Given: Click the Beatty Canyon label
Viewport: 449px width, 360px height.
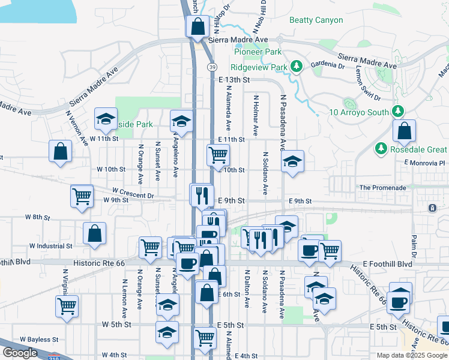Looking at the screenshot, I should tap(316, 20).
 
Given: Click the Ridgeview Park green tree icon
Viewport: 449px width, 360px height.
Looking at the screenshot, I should tap(295, 67).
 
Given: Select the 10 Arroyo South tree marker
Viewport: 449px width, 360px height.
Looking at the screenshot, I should tap(397, 111).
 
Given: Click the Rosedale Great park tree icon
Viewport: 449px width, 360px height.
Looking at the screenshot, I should tap(379, 149).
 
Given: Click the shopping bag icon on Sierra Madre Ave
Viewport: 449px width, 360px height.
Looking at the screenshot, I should tap(197, 27).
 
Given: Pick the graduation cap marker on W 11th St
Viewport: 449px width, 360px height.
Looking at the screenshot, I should tap(106, 119).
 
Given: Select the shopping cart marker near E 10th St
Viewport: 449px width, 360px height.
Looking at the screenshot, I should tap(218, 155).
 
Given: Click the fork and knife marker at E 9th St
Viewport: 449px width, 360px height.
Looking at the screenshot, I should tap(202, 194).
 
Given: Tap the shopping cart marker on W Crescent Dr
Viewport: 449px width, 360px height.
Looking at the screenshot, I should tap(82, 196).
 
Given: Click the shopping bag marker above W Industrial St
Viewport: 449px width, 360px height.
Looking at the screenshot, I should tap(95, 234).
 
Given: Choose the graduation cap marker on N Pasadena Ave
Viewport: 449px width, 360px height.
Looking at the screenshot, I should tap(292, 161).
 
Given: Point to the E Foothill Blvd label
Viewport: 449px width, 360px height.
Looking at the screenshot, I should tap(387, 264).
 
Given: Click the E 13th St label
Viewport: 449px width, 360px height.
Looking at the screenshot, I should tap(234, 79).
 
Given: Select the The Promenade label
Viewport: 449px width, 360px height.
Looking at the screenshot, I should tap(382, 188).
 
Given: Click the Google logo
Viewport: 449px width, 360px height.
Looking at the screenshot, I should tap(19, 353).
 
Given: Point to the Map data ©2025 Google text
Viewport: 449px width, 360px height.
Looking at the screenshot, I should tap(412, 355).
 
